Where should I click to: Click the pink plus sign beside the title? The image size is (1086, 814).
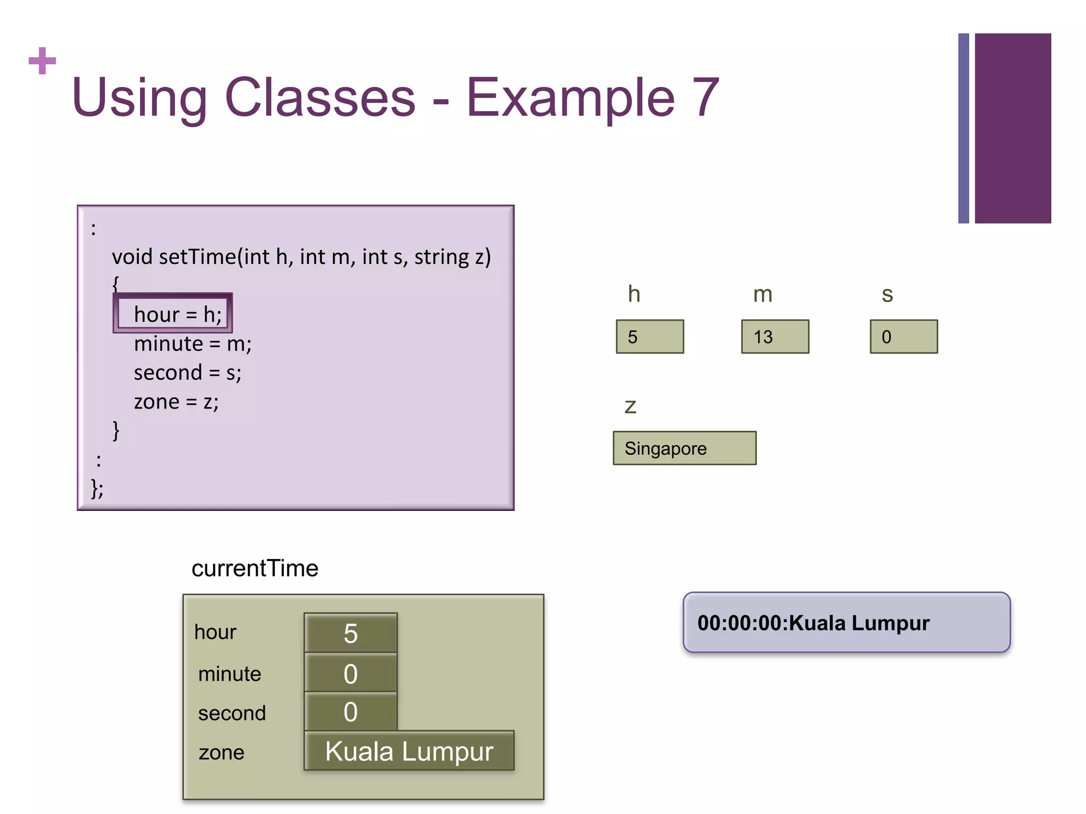click(x=42, y=61)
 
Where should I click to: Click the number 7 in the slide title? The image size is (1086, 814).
click(x=705, y=98)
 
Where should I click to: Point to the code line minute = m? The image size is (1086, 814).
click(x=192, y=344)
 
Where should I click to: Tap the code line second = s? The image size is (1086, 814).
click(x=187, y=373)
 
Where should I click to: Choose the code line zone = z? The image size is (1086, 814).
click(x=176, y=402)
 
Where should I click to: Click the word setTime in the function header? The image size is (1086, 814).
click(x=197, y=257)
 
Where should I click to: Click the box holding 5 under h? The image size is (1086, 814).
click(x=650, y=337)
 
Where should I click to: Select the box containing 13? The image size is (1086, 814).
click(x=775, y=337)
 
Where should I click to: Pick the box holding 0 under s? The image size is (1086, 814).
click(x=904, y=337)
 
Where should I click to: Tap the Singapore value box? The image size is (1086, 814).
click(x=684, y=448)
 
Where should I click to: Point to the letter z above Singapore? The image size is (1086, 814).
click(x=630, y=406)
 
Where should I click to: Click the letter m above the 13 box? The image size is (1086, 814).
click(x=763, y=295)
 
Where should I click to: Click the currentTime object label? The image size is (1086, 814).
click(x=255, y=569)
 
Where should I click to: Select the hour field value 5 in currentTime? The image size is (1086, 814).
click(x=351, y=633)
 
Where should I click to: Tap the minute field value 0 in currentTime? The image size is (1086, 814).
click(x=351, y=674)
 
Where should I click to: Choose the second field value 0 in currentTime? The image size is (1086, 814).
click(x=351, y=712)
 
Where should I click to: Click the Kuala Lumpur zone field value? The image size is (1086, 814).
click(x=409, y=751)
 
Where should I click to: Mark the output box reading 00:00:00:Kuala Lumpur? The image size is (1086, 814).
click(x=846, y=623)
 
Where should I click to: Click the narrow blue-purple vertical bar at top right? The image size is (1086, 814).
click(x=963, y=128)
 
